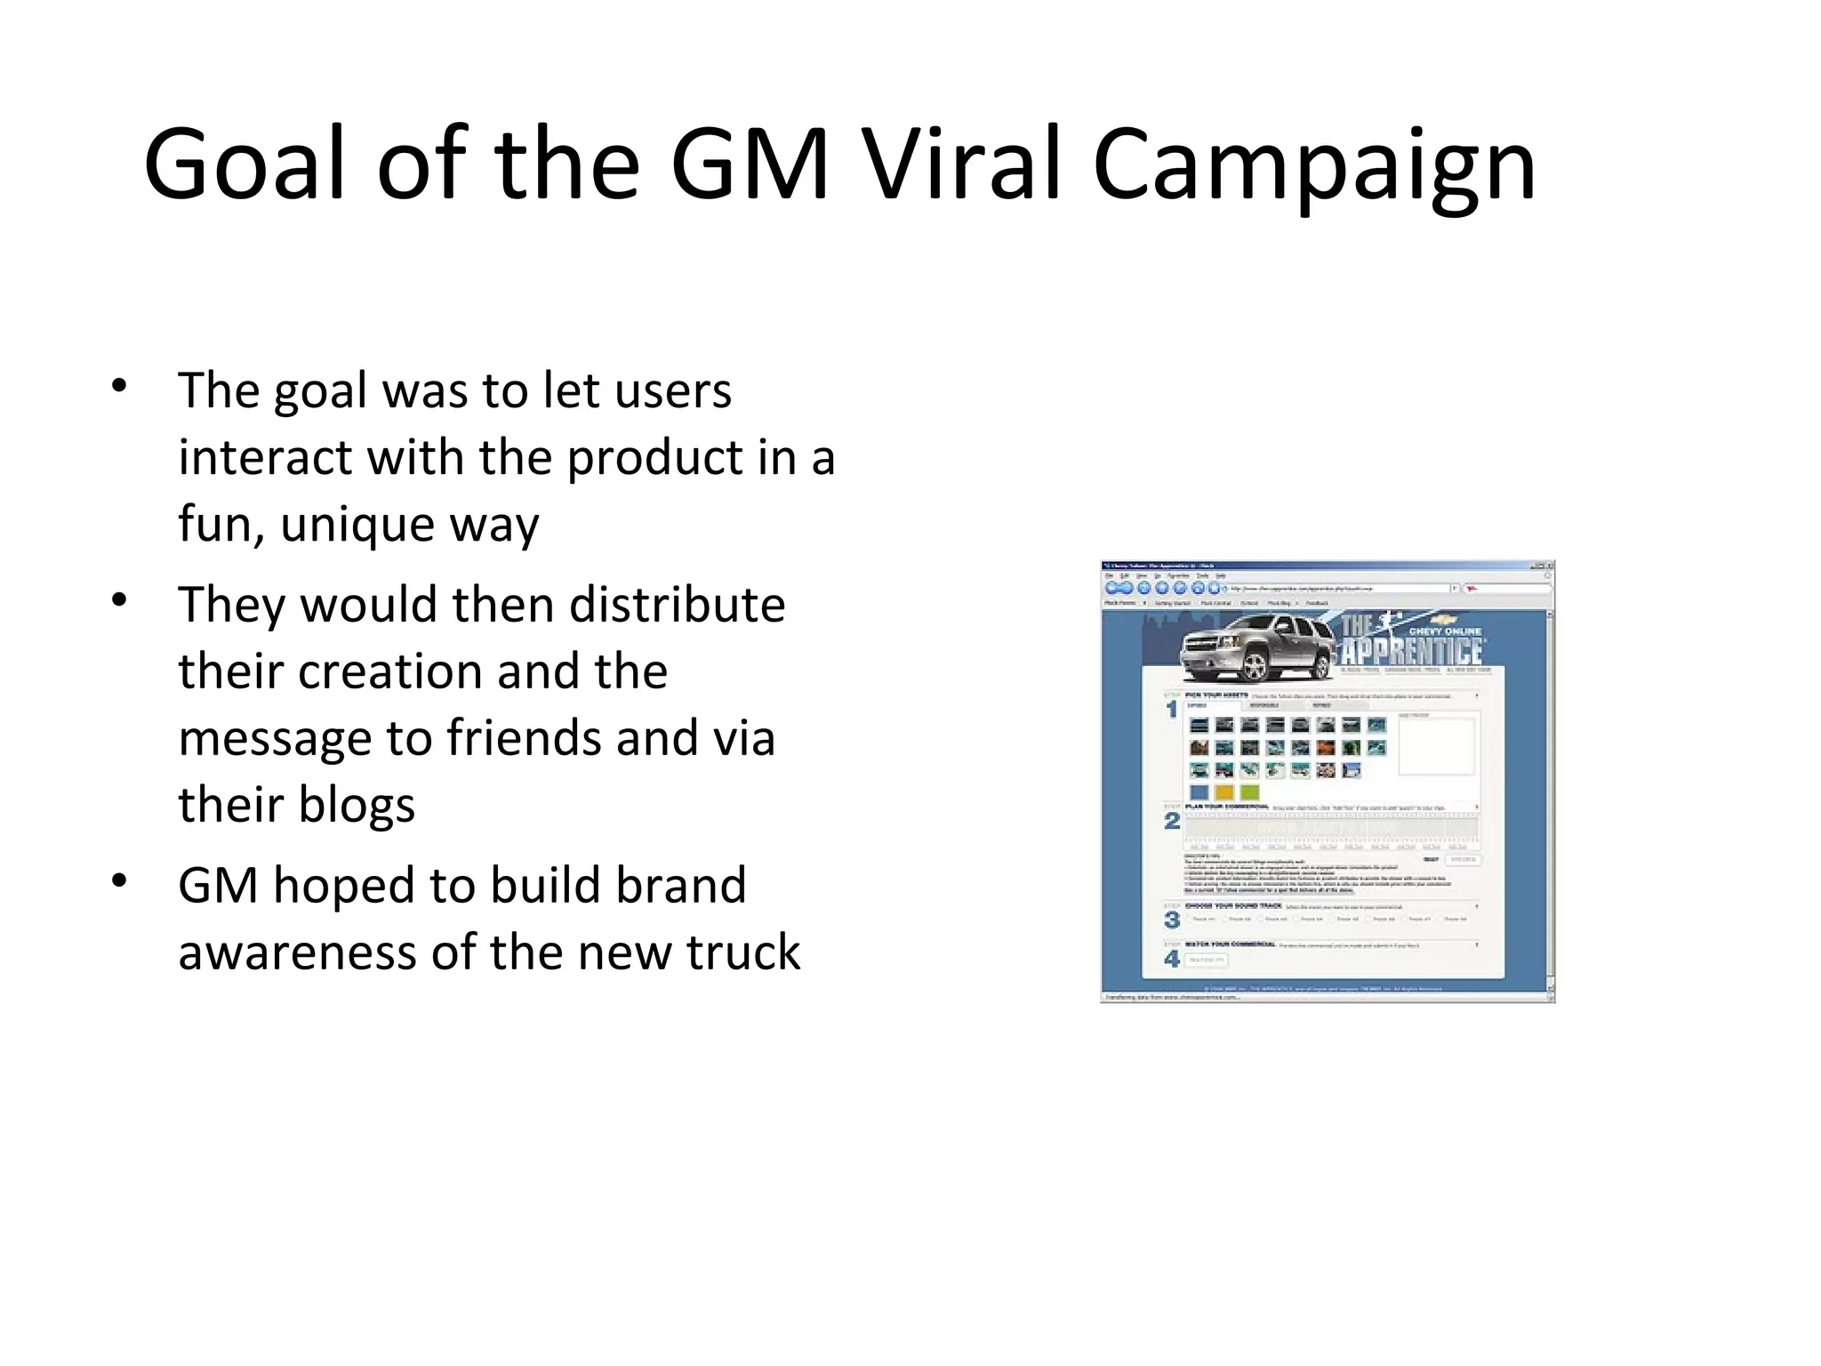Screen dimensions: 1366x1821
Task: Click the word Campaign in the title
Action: (x=1314, y=165)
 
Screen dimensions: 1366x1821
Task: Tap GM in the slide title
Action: (x=750, y=165)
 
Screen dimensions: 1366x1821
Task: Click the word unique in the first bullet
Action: (x=357, y=524)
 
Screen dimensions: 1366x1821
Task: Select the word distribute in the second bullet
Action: (x=677, y=605)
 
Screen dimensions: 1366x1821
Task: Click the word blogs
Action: (x=357, y=805)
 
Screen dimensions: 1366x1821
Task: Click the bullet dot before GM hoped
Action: (x=119, y=881)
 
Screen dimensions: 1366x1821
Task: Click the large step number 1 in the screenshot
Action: (x=1172, y=709)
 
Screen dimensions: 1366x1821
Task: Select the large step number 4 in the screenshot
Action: (x=1172, y=959)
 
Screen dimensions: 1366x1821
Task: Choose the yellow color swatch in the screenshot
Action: (x=1224, y=791)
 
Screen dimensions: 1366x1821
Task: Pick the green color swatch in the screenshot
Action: (x=1249, y=791)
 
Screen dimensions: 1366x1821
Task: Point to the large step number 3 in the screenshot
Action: (x=1172, y=920)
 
